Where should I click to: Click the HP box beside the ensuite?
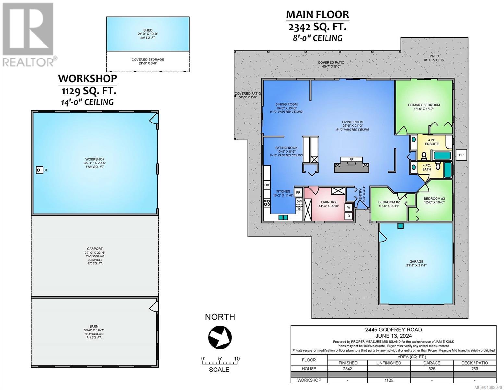[x=461, y=155]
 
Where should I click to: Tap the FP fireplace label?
[x=351, y=159]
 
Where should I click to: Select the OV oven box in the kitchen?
[x=267, y=185]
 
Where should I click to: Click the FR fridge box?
[x=298, y=192]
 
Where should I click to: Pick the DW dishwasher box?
[x=299, y=201]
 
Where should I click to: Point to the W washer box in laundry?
[x=349, y=207]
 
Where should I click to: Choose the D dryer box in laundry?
[x=349, y=216]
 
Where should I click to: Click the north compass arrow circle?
[x=220, y=337]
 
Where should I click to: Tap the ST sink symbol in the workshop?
[x=39, y=170]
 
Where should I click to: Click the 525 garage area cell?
[x=432, y=369]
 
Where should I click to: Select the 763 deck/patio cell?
[x=474, y=369]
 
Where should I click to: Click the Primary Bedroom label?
[x=424, y=105]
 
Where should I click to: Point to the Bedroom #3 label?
[x=434, y=199]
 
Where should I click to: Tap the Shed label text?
[x=148, y=30]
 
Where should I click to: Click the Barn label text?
[x=94, y=326]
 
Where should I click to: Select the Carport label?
[x=95, y=249]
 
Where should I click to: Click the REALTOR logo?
[x=29, y=35]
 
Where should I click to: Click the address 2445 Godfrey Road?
[x=393, y=330]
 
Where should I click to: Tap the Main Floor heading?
[x=317, y=14]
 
